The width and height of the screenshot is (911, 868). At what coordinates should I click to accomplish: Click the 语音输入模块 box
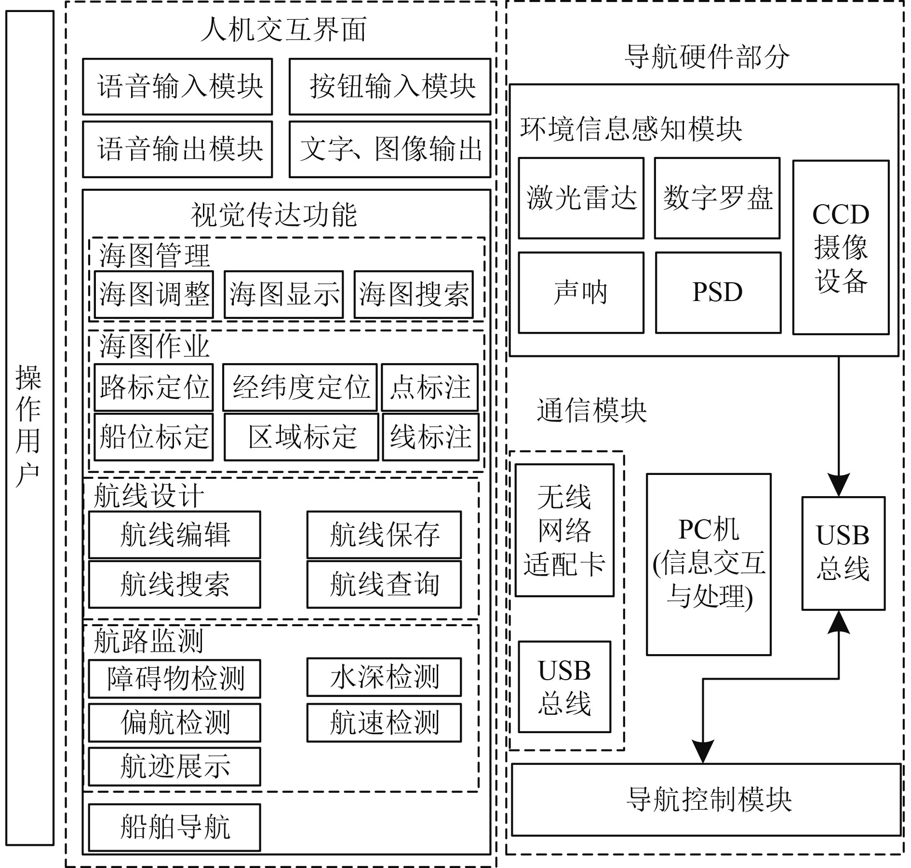[x=177, y=87]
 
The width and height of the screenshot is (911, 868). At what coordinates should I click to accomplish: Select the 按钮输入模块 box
[x=389, y=87]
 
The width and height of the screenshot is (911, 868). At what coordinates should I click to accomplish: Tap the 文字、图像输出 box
[x=389, y=149]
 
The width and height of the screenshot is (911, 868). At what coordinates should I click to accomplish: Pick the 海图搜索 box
[x=414, y=294]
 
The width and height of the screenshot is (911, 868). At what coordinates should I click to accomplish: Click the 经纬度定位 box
[x=299, y=387]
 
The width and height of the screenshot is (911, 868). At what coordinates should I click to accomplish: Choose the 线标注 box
[x=430, y=437]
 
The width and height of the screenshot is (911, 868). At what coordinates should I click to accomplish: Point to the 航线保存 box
[x=384, y=535]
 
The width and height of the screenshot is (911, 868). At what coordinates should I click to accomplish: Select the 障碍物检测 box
[x=174, y=679]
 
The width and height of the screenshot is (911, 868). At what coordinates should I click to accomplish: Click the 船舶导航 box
[x=174, y=827]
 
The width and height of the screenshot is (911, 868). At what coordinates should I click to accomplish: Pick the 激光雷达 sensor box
[x=581, y=198]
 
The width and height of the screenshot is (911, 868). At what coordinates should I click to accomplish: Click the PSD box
[x=718, y=292]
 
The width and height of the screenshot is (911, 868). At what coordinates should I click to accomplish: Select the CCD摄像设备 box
[x=841, y=247]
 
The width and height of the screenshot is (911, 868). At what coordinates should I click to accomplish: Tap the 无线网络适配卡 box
[x=564, y=530]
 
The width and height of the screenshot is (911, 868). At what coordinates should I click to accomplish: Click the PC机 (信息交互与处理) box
[x=709, y=564]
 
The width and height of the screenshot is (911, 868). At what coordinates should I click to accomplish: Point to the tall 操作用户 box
[x=29, y=428]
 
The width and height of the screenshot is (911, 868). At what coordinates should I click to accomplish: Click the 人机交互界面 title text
[x=283, y=30]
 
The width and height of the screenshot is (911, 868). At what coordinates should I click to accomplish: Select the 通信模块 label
[x=591, y=410]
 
